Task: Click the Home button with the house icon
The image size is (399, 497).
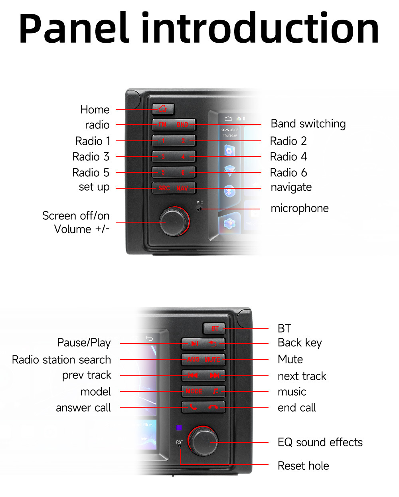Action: click(x=163, y=108)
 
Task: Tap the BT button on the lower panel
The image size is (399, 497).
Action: click(x=215, y=328)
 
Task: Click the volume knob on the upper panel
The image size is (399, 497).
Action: click(x=174, y=221)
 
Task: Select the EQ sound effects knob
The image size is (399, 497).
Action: click(x=203, y=441)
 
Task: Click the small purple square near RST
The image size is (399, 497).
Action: click(x=179, y=428)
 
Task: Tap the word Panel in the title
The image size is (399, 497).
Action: click(x=74, y=29)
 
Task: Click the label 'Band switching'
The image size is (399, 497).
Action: click(x=308, y=124)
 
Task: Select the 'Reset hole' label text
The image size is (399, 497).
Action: click(x=303, y=466)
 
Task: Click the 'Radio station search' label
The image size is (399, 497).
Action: click(x=61, y=360)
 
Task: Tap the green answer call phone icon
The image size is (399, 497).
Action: click(x=193, y=407)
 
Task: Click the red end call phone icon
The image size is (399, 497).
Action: click(x=213, y=407)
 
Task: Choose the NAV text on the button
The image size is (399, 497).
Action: click(x=182, y=188)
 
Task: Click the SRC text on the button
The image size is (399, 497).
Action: click(x=164, y=188)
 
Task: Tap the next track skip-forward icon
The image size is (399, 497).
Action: click(x=215, y=375)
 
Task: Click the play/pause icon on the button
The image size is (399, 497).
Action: click(x=195, y=343)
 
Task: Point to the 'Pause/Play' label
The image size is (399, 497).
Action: click(x=84, y=343)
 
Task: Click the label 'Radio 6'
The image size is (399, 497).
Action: click(x=288, y=173)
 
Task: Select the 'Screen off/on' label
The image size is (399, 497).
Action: click(x=76, y=216)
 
